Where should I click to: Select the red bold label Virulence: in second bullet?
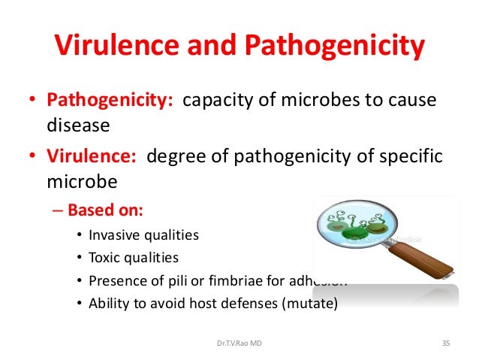(92, 156)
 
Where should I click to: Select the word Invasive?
(113, 235)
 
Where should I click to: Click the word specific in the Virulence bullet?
(413, 156)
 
